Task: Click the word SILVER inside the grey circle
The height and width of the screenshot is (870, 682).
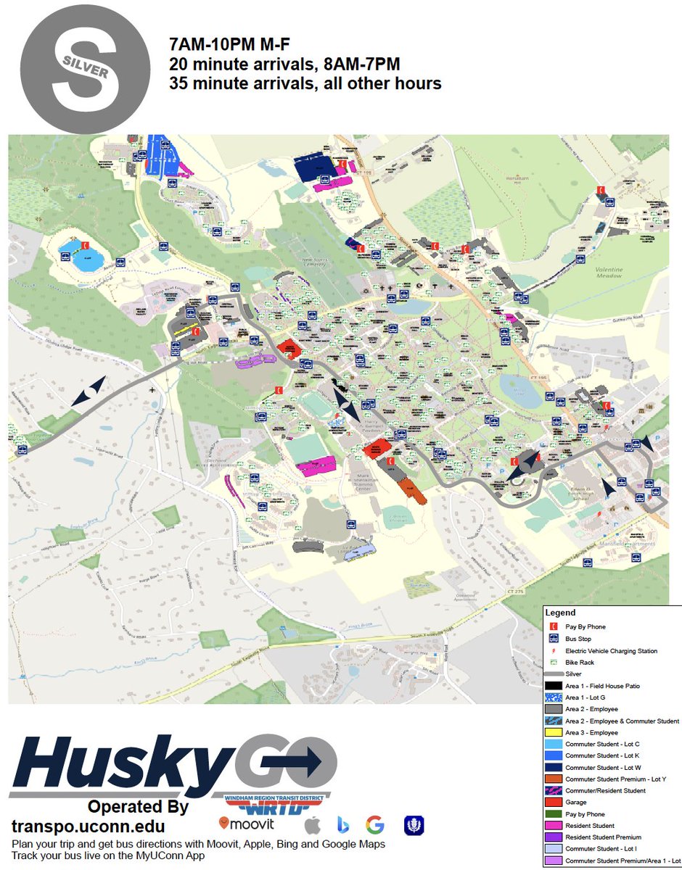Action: click(86, 70)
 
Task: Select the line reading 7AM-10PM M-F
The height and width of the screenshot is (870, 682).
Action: click(230, 43)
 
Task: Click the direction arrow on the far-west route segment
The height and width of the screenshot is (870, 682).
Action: click(94, 389)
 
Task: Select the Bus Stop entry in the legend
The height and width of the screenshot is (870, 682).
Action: click(578, 639)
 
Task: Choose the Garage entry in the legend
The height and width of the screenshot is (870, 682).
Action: click(576, 803)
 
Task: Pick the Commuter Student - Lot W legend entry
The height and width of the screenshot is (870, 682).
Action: click(602, 767)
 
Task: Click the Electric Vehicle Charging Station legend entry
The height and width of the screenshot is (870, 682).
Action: click(611, 651)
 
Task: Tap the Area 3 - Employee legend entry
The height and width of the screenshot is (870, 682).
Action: click(591, 732)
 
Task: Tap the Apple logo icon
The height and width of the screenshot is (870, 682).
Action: click(313, 825)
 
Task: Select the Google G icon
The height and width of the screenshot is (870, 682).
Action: click(374, 825)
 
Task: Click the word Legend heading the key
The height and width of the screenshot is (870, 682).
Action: click(560, 613)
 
